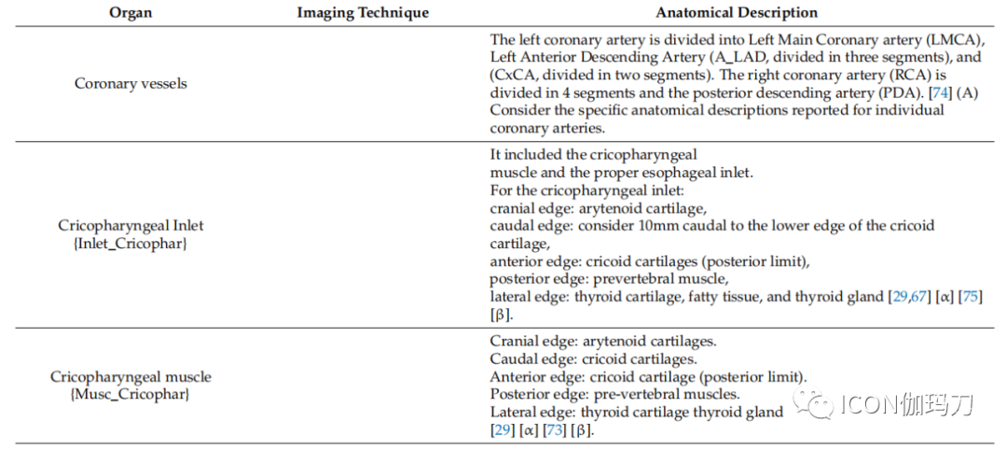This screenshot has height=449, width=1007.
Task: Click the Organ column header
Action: coord(131,13)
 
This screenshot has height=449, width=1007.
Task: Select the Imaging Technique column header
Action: coord(363,13)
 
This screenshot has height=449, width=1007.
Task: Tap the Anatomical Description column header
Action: coord(737,13)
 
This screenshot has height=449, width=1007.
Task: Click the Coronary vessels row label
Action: coord(131,84)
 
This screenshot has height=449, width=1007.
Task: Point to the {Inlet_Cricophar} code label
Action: coord(131,244)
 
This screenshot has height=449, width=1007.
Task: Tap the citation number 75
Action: coord(970,298)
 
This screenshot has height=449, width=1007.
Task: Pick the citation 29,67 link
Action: coord(908,298)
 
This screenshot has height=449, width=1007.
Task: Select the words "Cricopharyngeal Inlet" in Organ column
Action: coord(131,226)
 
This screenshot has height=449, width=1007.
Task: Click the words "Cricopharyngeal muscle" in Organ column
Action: coord(131,376)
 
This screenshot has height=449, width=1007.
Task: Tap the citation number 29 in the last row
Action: coord(503,429)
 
